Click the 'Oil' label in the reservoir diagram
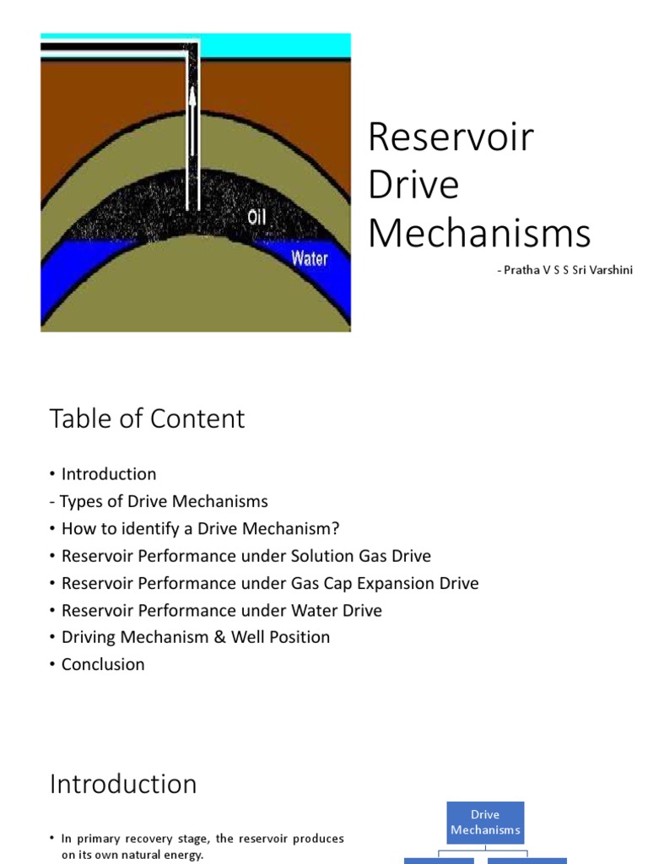258,218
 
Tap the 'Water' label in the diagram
309,258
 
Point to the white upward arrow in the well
192,127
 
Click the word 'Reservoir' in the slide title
451,138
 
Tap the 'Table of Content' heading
148,418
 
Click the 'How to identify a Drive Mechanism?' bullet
200,528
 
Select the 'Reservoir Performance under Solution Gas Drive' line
246,555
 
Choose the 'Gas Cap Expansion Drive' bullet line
269,583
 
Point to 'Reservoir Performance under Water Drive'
221,610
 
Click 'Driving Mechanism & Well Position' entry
195,637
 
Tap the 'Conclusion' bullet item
102,664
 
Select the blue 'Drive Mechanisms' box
485,822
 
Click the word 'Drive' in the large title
414,185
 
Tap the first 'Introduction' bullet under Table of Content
108,474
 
